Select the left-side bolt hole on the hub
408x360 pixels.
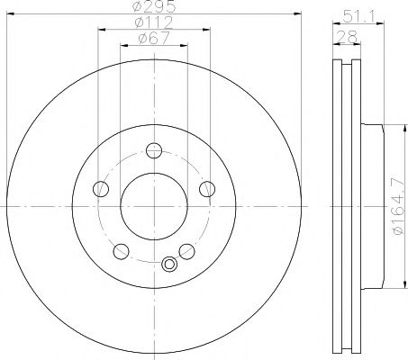click(x=102, y=188)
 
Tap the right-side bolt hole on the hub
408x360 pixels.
click(x=207, y=188)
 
